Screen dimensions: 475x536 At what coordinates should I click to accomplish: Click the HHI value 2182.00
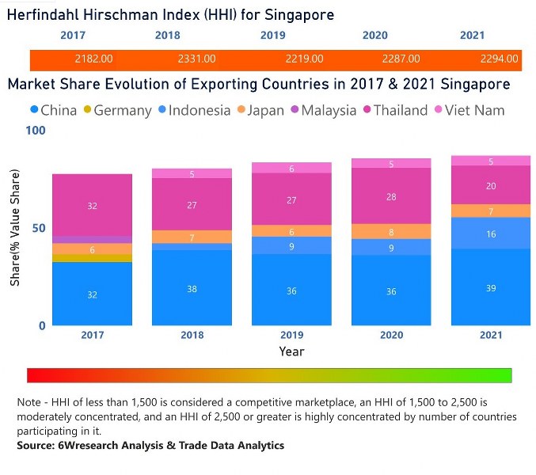click(x=93, y=59)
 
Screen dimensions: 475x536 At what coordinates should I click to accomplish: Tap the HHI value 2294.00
click(x=500, y=59)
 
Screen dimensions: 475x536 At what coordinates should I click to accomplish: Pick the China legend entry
click(x=53, y=111)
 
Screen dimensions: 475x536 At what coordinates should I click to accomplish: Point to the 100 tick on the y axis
click(x=36, y=130)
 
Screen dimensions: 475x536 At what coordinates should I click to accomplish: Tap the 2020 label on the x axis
click(x=390, y=336)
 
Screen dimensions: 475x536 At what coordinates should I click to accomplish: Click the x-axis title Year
click(x=291, y=351)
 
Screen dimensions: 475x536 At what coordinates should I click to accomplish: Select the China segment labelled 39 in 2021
click(x=491, y=287)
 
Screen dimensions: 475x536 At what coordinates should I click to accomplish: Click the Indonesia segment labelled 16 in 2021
click(x=491, y=234)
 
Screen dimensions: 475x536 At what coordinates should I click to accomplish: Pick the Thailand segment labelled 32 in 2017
click(x=92, y=206)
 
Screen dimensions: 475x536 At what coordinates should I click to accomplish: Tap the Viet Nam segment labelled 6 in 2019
click(x=291, y=169)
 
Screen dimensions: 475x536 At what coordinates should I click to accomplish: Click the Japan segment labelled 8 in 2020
click(x=391, y=232)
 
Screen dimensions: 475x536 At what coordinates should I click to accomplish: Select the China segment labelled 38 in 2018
click(x=192, y=289)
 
